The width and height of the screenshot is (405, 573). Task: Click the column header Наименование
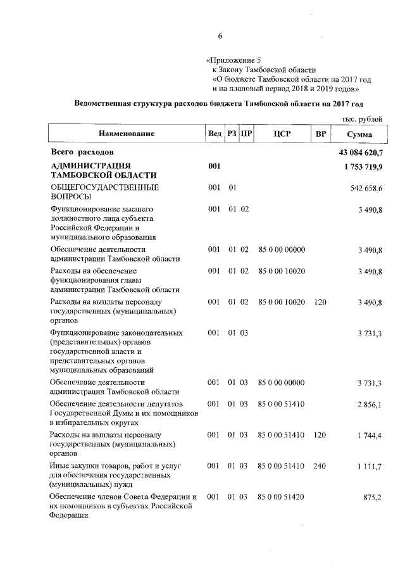point(126,134)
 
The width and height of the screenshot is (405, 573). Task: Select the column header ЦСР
point(282,134)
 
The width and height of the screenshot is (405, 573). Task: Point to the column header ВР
point(321,134)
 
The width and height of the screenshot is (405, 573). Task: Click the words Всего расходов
point(82,153)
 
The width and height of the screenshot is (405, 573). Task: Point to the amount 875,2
point(380,498)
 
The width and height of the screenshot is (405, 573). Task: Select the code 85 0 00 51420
point(282,496)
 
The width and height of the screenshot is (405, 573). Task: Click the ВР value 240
point(320,466)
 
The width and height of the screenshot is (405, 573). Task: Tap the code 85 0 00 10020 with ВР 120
point(282,303)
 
